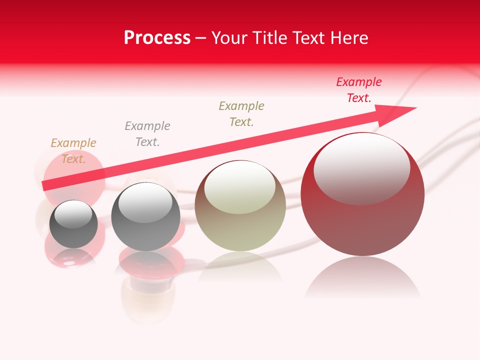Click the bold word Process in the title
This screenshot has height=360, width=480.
(157, 38)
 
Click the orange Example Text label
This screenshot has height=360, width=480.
(73, 151)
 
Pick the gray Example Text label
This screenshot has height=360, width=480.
(147, 134)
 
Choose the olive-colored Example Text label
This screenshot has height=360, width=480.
(241, 114)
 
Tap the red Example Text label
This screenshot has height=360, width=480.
(359, 90)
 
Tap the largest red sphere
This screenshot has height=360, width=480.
(362, 220)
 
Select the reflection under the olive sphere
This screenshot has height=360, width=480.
(240, 265)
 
